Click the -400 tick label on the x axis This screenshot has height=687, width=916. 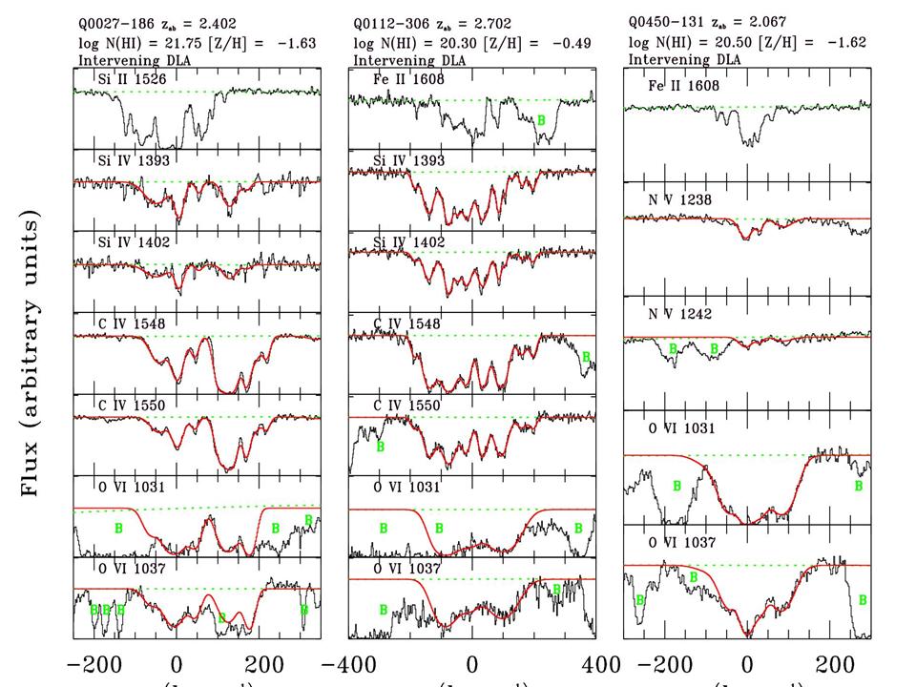pos(349,664)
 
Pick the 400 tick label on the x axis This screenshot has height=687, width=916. pos(593,664)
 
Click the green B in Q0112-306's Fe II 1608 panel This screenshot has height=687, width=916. pos(541,119)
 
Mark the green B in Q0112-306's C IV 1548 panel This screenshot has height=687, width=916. pos(586,356)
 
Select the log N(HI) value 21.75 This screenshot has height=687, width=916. pos(180,43)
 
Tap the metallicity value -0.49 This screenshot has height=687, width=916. pos(572,43)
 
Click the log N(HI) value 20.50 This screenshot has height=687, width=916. pos(732,43)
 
